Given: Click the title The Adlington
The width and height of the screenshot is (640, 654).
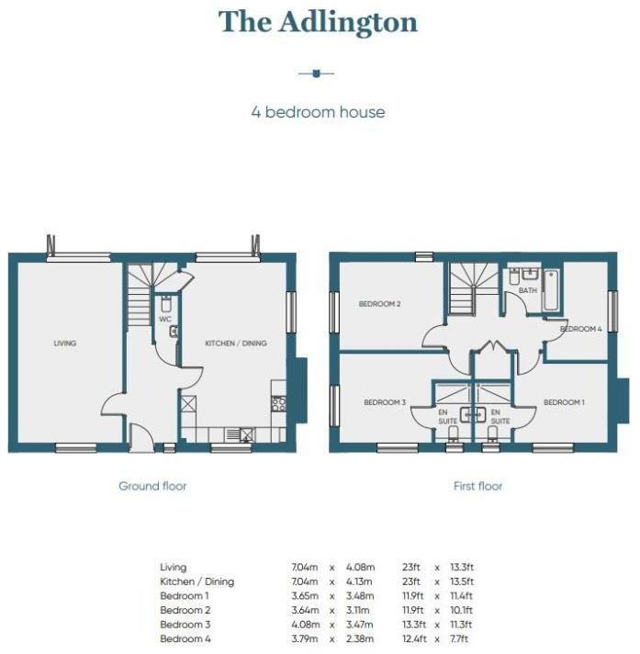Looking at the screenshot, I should pyautogui.click(x=319, y=21).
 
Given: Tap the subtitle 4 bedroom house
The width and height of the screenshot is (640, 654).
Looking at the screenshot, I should pyautogui.click(x=319, y=112).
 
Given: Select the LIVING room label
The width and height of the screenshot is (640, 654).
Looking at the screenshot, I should pyautogui.click(x=64, y=344).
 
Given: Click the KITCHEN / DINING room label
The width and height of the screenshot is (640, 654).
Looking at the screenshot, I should pyautogui.click(x=236, y=344).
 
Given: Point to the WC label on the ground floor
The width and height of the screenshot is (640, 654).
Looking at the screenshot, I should pyautogui.click(x=165, y=319).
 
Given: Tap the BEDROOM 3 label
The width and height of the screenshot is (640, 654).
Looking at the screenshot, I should pyautogui.click(x=385, y=401).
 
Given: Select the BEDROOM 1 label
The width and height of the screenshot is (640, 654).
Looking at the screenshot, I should pyautogui.click(x=564, y=401).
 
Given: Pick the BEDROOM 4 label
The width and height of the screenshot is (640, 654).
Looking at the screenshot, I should pyautogui.click(x=580, y=328).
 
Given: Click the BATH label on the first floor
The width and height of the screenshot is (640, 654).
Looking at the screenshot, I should pyautogui.click(x=527, y=290).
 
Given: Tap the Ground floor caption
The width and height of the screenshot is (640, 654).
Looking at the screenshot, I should pyautogui.click(x=152, y=485).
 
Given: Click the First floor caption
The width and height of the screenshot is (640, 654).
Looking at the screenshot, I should pyautogui.click(x=478, y=485).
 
